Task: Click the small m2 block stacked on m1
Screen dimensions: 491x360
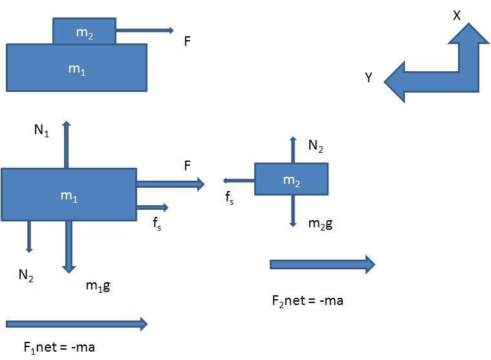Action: pyautogui.click(x=85, y=31)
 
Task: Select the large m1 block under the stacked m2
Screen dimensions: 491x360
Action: pyautogui.click(x=77, y=68)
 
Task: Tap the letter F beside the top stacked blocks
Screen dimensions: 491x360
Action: pyautogui.click(x=187, y=41)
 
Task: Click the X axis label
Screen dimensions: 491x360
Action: pyautogui.click(x=457, y=16)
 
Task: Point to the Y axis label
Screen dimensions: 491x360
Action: pyautogui.click(x=369, y=78)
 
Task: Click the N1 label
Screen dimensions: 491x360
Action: pyautogui.click(x=41, y=129)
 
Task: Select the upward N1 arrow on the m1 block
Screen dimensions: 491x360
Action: pyautogui.click(x=66, y=144)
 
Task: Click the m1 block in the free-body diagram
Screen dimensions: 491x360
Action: pyautogui.click(x=69, y=195)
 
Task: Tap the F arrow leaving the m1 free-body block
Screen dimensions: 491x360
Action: pyautogui.click(x=171, y=184)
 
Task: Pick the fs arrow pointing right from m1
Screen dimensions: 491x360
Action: pyautogui.click(x=153, y=207)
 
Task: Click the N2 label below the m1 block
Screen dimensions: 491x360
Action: pyautogui.click(x=26, y=275)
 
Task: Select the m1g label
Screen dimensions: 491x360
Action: pyautogui.click(x=98, y=286)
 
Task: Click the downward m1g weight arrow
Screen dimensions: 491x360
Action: pyautogui.click(x=69, y=247)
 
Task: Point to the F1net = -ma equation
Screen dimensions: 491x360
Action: pyautogui.click(x=59, y=348)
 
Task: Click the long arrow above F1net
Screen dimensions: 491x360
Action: pyautogui.click(x=77, y=324)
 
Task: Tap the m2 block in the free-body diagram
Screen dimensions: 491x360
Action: pyautogui.click(x=292, y=179)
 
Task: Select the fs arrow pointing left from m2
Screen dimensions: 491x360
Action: pyautogui.click(x=239, y=181)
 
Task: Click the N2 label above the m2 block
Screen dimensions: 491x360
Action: pyautogui.click(x=316, y=146)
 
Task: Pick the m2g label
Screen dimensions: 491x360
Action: pyautogui.click(x=320, y=224)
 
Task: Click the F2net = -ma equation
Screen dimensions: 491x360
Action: pyautogui.click(x=307, y=301)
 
